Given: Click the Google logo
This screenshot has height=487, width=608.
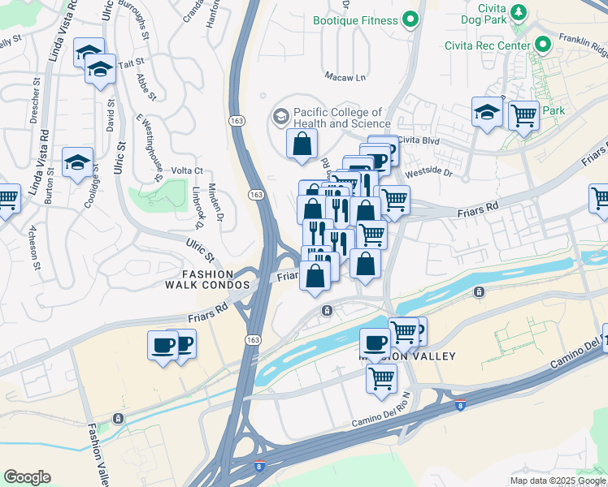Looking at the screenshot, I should pos(28,476).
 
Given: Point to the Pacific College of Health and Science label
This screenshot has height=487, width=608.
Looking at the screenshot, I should pos(337,118).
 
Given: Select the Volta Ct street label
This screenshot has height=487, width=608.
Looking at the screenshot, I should pos(187,170).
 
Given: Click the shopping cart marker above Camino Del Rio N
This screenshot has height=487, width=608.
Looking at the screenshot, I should pos(381,377).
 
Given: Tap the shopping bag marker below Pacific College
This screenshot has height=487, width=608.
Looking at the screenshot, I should pos(301,144).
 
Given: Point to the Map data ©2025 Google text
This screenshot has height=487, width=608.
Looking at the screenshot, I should pos(558,480).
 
